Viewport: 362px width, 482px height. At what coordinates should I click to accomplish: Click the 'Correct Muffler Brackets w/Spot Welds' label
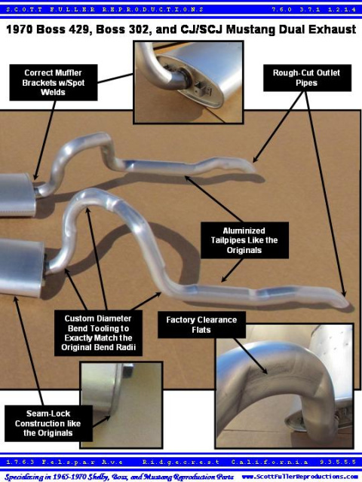click(54, 82)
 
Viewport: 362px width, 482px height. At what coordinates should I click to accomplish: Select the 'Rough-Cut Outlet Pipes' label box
click(307, 78)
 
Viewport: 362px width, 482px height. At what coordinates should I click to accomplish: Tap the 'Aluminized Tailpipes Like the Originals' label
click(244, 240)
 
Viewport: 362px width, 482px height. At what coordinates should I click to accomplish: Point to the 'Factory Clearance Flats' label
click(201, 325)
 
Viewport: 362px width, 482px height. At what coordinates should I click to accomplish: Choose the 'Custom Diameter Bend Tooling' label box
click(98, 333)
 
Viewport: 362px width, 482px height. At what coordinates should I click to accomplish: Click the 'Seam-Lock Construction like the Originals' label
click(48, 423)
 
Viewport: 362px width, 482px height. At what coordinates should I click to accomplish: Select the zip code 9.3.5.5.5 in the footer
click(338, 462)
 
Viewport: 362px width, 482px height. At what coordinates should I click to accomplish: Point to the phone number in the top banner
click(314, 10)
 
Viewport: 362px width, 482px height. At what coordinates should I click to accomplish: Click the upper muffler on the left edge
click(17, 194)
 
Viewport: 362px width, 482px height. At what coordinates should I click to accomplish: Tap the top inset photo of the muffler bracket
click(189, 82)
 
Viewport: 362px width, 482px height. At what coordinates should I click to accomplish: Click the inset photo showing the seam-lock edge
click(121, 405)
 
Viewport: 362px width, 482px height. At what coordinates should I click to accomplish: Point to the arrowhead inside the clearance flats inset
click(265, 370)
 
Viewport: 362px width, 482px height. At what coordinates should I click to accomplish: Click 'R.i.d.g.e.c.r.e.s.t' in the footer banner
click(181, 462)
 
